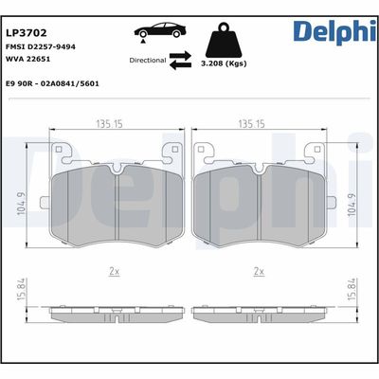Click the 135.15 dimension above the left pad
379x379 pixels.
click(x=115, y=121)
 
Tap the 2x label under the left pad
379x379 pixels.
click(x=114, y=272)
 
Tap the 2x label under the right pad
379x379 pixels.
click(x=258, y=272)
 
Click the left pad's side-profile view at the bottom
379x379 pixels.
click(x=114, y=313)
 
